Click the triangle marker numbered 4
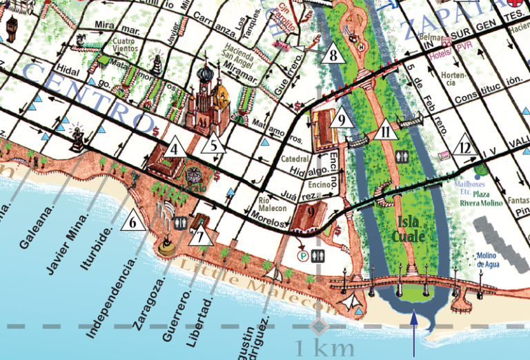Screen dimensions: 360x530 coord(175,148)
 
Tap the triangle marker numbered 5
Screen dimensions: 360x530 coord(215,146)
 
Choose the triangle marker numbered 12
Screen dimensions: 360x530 coord(467,147)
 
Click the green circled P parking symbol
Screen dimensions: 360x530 coord(302,254)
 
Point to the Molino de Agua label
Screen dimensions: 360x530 coord(491,260)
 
